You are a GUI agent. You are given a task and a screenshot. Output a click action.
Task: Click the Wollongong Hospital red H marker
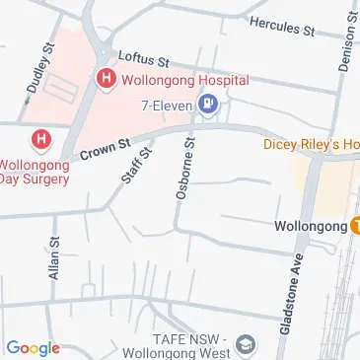pyautogui.click(x=104, y=76)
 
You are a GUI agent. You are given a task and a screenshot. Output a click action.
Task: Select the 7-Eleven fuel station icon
pyautogui.click(x=209, y=102)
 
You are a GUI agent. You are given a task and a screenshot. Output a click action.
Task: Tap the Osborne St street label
pyautogui.click(x=184, y=170)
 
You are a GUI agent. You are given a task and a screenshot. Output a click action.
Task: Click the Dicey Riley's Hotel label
pyautogui.click(x=311, y=144)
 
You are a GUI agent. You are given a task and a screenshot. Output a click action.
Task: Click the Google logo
pyautogui.click(x=33, y=347)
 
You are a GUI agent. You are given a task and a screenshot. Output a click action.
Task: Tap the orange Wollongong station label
pyautogui.click(x=309, y=226)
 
